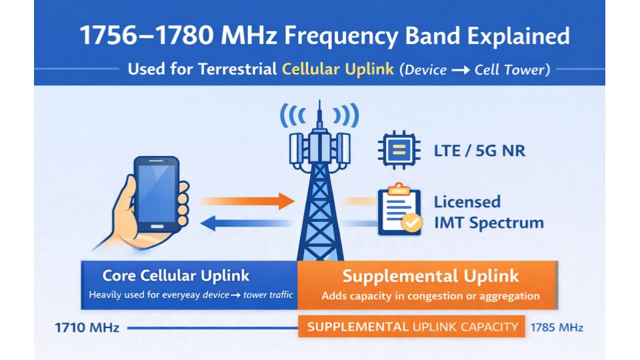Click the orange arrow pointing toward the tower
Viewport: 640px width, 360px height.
tap(247, 201)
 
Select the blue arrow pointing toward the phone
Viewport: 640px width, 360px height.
tap(246, 223)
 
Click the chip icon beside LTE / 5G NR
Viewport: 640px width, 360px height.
tap(399, 150)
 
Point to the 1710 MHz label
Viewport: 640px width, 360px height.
tap(87, 327)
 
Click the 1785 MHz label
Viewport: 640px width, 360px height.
tap(557, 327)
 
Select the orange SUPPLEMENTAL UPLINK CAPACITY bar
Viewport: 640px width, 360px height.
tap(411, 327)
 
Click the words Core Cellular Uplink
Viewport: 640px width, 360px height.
tap(175, 275)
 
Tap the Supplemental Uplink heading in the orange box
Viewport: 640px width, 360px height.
tap(431, 276)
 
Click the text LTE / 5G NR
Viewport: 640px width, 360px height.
tap(479, 151)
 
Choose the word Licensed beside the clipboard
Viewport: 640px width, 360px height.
tap(467, 202)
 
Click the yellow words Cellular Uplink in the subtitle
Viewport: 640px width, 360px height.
tap(338, 69)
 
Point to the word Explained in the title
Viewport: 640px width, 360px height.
tap(519, 35)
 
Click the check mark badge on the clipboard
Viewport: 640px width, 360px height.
tap(412, 223)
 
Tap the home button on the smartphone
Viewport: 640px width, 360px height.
tap(157, 226)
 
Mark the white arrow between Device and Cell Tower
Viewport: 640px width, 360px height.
tap(461, 70)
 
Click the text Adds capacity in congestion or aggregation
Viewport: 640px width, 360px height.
tap(431, 296)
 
